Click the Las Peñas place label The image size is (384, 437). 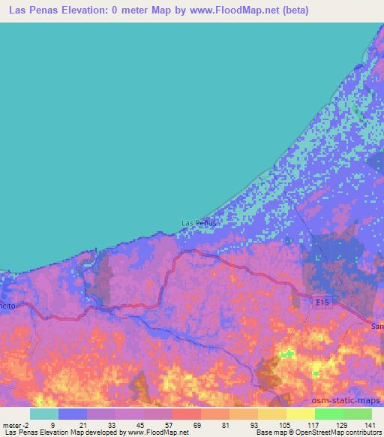pos(199,222)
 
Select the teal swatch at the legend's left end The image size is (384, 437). pos(44,414)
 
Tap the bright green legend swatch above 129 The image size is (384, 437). pos(328,414)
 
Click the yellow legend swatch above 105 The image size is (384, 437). pos(272,414)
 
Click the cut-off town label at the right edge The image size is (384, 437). pos(377,326)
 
